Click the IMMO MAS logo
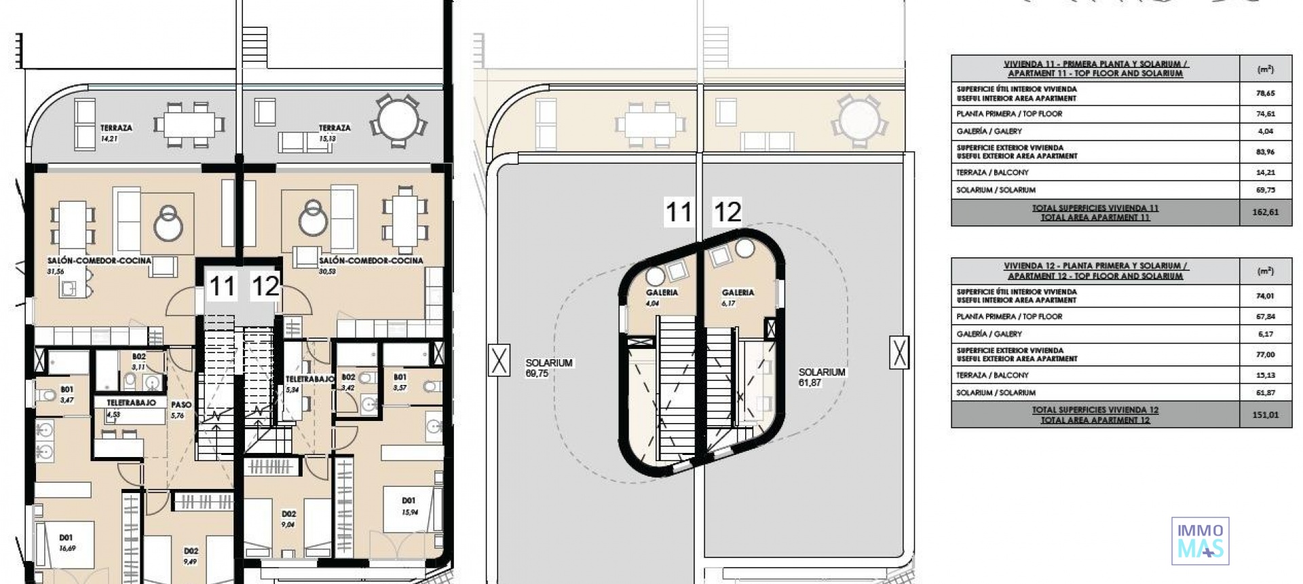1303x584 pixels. point(1200,541)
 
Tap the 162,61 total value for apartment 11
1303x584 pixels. point(1265,212)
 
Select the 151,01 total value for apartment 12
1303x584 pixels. point(1265,414)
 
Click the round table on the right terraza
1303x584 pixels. point(398,120)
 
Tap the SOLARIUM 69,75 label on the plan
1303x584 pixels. point(548,367)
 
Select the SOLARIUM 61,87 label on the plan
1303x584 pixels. point(821,377)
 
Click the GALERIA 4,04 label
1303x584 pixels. point(661,297)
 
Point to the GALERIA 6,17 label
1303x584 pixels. point(738,297)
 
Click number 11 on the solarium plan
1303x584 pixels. point(678,212)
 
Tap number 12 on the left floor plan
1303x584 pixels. point(265,286)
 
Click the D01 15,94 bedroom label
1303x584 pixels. point(409,506)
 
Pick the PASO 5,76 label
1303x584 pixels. point(181,409)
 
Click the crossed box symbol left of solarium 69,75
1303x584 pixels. point(499,360)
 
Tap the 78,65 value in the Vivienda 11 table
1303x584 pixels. point(1265,94)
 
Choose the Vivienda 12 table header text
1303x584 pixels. point(1095,270)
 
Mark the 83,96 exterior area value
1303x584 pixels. point(1265,151)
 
